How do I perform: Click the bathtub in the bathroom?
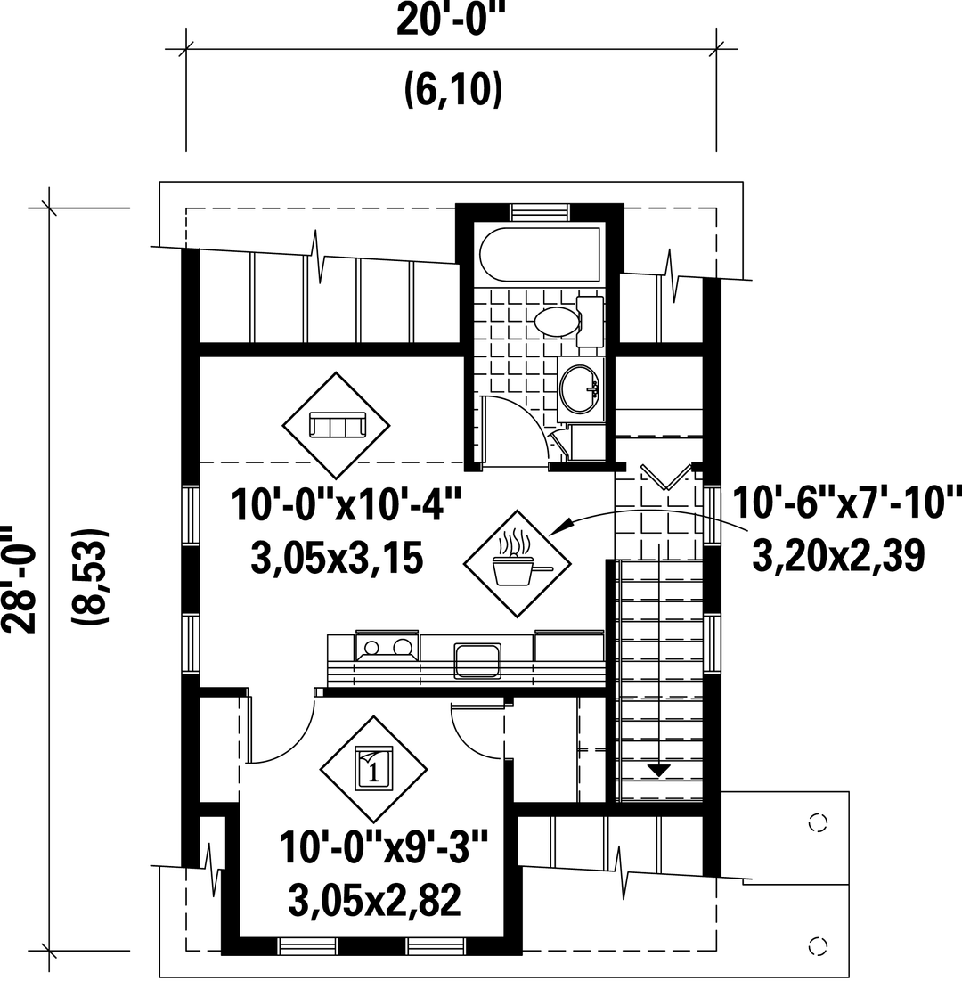[x=539, y=255]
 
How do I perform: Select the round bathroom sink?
[x=579, y=388]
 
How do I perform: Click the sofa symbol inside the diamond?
[x=337, y=425]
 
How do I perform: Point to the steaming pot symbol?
[x=518, y=560]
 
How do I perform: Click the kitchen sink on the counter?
[x=477, y=660]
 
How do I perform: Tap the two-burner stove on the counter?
[x=387, y=647]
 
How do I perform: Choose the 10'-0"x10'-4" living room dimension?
[x=346, y=505]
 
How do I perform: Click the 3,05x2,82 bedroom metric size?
[x=375, y=899]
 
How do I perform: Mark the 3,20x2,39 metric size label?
[x=838, y=555]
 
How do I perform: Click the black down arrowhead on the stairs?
[x=658, y=771]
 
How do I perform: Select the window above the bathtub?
[x=540, y=211]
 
